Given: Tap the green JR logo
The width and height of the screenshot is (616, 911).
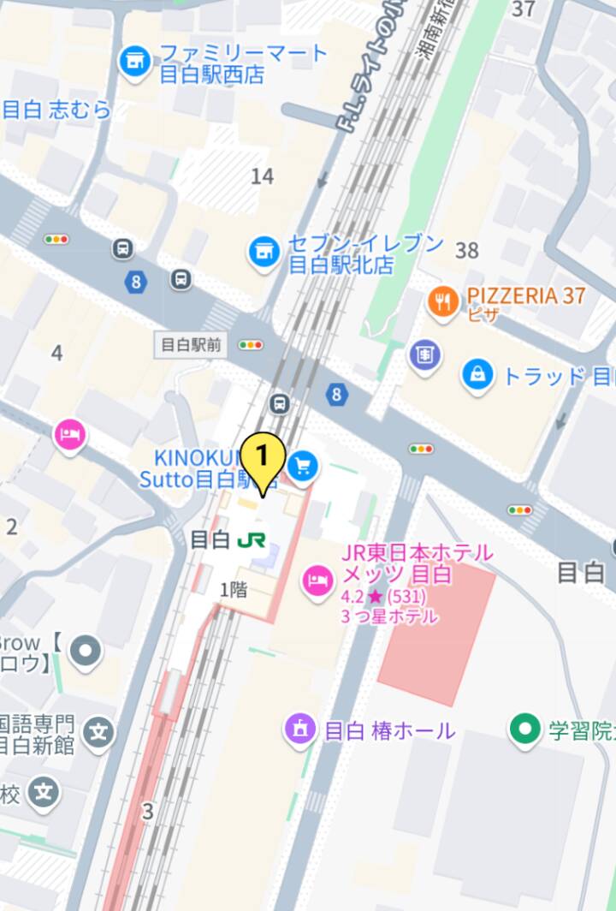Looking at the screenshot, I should click(x=252, y=540).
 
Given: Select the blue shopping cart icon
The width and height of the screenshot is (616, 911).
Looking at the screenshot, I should click(x=302, y=466).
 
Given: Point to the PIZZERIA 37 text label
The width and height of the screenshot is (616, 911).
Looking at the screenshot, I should click(x=525, y=296).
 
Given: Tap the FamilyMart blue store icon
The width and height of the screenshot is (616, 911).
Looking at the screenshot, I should click(x=134, y=63).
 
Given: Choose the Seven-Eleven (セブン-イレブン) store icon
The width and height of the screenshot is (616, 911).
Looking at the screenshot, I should click(x=264, y=252).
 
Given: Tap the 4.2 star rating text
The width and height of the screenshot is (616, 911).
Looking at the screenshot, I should click(x=383, y=596).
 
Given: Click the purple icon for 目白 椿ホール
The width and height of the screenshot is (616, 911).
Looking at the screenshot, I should click(x=299, y=730).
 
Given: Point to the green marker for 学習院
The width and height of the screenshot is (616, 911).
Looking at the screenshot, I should click(x=522, y=729).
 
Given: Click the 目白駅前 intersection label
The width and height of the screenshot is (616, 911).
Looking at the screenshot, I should click(x=191, y=345).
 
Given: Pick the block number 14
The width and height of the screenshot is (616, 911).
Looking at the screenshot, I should click(x=263, y=176).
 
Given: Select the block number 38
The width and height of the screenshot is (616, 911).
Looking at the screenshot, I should click(x=467, y=250).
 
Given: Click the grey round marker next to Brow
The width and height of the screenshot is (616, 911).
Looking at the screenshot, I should click(x=85, y=652).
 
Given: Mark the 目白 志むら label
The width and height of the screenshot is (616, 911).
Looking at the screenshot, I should click(x=56, y=110).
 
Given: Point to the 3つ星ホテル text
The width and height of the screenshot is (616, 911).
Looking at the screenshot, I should click(x=389, y=616).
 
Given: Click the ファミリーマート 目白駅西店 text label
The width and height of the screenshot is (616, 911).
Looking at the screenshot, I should click(x=244, y=63).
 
